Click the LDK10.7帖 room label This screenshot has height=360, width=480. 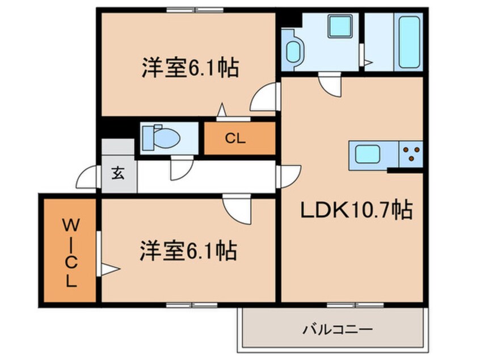357,210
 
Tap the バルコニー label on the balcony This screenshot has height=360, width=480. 338,330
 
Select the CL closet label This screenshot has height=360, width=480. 235,139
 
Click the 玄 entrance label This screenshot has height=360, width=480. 118,174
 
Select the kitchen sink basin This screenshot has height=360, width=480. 368,154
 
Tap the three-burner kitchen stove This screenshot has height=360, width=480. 411,154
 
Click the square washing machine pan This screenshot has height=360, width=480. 340,26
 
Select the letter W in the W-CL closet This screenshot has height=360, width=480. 71,227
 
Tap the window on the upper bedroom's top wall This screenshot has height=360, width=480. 195,10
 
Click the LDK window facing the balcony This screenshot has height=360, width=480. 355,305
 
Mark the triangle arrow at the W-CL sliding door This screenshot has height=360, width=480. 110,270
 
